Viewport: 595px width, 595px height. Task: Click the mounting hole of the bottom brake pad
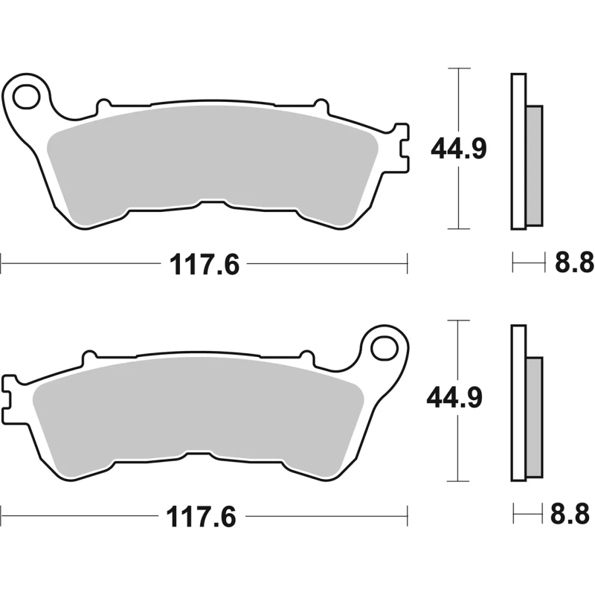pos(385,347)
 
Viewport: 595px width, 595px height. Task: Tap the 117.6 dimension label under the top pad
pos(205,264)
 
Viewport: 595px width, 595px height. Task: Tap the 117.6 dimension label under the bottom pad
pos(205,515)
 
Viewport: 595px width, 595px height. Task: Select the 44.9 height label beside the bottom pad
pos(455,399)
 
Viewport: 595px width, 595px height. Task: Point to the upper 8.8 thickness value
pos(574,262)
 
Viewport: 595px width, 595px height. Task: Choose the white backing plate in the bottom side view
pos(518,402)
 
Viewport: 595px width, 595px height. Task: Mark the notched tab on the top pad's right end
pos(402,147)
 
